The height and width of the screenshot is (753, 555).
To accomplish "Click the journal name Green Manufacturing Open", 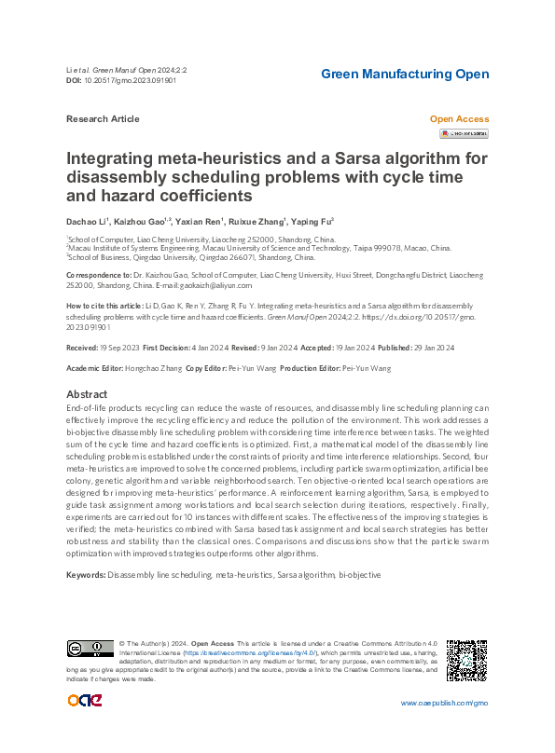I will [x=404, y=75].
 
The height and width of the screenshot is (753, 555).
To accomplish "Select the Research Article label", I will [x=103, y=119].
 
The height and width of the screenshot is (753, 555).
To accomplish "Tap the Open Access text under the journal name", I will [x=458, y=119].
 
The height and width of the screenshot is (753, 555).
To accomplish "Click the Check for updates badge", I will [x=464, y=134].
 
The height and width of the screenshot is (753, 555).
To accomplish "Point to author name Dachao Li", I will [x=86, y=222].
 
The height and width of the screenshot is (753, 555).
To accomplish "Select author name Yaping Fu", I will [x=312, y=222].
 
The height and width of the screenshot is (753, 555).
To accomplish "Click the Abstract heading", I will [x=87, y=394].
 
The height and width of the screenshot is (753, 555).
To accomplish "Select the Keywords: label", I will [x=85, y=575].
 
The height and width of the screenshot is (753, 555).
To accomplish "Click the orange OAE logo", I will [x=81, y=701].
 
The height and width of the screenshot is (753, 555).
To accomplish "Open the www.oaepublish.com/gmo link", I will [x=444, y=704].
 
